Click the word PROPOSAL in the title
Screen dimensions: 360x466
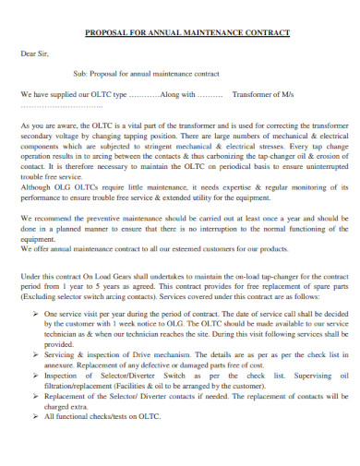105,32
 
